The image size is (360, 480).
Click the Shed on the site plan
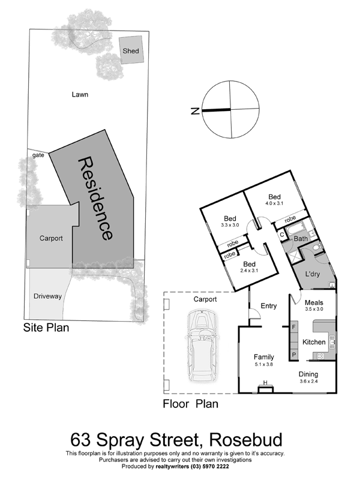click(131, 50)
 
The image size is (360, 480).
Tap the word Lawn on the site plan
click(80, 95)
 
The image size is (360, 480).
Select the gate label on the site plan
click(38, 155)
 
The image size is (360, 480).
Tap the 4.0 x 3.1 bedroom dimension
click(275, 203)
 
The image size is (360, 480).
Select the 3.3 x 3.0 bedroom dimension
click(230, 224)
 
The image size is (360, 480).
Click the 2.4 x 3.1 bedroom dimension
click(249, 271)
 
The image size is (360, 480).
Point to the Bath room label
click(301, 238)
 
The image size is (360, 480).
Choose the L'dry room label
click(313, 274)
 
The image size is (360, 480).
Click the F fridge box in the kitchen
click(294, 327)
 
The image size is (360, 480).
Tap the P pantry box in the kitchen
click(294, 355)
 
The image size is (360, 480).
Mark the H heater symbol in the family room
click(265, 383)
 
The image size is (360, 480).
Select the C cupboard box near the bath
click(281, 235)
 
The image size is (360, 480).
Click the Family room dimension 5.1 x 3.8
click(264, 364)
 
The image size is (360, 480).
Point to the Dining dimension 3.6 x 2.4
click(308, 382)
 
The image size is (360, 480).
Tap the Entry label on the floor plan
click(268, 306)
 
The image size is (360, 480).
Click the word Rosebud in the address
click(245, 440)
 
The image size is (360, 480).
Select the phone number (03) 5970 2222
click(209, 467)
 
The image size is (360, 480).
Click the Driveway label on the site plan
click(47, 296)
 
